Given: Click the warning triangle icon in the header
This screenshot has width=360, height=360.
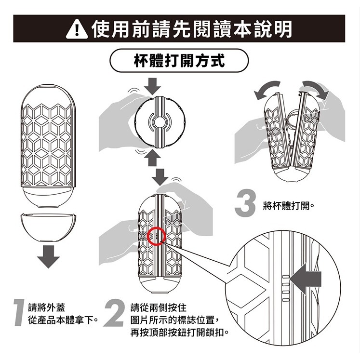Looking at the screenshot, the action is pyautogui.click(x=77, y=30).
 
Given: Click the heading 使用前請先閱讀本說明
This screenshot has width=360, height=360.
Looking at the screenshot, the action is pyautogui.click(x=192, y=29).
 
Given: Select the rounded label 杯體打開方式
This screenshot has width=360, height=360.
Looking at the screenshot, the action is pyautogui.click(x=179, y=61).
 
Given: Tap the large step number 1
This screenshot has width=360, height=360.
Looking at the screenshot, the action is pyautogui.click(x=20, y=312).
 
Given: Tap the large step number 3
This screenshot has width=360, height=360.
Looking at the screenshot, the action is pyautogui.click(x=245, y=202).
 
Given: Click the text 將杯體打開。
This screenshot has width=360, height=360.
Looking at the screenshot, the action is pyautogui.click(x=288, y=206).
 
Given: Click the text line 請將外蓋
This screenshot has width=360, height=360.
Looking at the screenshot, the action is pyautogui.click(x=47, y=307).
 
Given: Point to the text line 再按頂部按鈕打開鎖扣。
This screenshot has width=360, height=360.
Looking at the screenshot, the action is pyautogui.click(x=180, y=332).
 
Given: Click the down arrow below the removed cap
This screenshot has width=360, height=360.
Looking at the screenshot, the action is pyautogui.click(x=49, y=257).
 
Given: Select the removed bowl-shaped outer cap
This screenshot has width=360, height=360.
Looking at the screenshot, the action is pyautogui.click(x=48, y=227).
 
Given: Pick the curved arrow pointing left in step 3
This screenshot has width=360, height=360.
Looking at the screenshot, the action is pyautogui.click(x=267, y=88).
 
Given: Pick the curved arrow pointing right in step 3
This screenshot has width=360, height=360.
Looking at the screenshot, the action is pyautogui.click(x=316, y=88).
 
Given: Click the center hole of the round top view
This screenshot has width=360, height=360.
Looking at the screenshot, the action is pyautogui.click(x=159, y=122).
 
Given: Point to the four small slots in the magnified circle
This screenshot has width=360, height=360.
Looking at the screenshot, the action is pyautogui.click(x=285, y=288).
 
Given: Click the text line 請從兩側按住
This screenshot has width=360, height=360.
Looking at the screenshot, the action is pyautogui.click(x=159, y=307).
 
